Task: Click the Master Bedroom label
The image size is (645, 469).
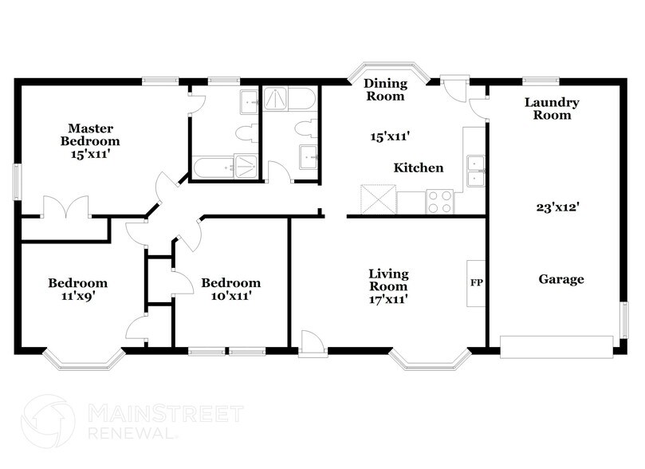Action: point(90,135)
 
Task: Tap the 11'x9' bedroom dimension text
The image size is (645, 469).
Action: point(77,297)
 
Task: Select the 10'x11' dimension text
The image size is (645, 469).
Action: point(230,297)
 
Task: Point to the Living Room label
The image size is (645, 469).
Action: point(388,280)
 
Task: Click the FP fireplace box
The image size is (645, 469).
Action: point(476,283)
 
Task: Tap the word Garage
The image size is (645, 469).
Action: point(561,279)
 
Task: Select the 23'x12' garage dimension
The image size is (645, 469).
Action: point(557,207)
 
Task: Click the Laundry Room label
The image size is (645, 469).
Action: point(552,108)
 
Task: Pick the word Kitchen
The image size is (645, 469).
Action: point(419,167)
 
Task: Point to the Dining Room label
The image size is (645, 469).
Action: point(385,89)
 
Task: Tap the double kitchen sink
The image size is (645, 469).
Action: point(476,171)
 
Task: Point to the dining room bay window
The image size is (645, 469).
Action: point(391,72)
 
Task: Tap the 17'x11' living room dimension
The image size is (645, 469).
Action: point(388,300)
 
